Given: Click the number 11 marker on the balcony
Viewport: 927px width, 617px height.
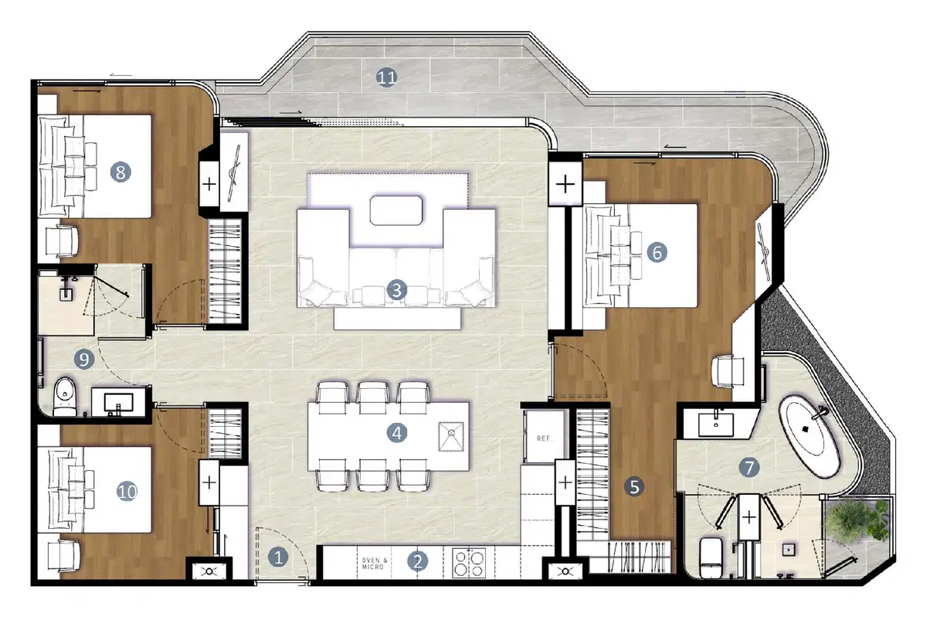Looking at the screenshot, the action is [x=386, y=77].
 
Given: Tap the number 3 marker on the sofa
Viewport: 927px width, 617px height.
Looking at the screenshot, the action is [x=396, y=290].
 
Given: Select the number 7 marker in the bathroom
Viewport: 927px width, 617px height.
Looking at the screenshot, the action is [x=749, y=468].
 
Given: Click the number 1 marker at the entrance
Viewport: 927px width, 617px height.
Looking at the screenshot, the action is [x=278, y=557].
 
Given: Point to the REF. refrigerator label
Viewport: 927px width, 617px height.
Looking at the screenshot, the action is [x=544, y=438].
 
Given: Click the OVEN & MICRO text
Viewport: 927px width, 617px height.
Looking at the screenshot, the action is [x=375, y=563].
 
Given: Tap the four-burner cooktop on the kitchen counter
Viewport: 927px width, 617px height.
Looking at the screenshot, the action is [x=469, y=563].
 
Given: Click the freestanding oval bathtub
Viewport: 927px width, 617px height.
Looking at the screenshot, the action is [x=809, y=436].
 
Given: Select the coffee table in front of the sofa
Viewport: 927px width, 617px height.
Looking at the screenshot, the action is [x=396, y=211].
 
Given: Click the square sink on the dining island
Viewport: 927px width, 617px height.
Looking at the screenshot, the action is [x=451, y=436].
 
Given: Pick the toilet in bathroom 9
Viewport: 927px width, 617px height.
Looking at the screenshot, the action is [x=65, y=397].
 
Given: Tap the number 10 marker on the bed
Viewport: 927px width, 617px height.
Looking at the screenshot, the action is [x=127, y=492].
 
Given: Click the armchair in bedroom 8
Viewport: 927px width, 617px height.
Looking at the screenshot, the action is [x=62, y=240].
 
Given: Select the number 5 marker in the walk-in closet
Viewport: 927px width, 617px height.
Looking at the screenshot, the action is [x=634, y=486].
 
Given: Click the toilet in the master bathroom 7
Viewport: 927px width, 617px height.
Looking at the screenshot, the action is [x=711, y=557].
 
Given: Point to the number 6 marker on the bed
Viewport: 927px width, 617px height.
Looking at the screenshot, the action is [x=657, y=252].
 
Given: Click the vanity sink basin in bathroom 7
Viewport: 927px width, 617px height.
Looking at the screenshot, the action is [x=716, y=424].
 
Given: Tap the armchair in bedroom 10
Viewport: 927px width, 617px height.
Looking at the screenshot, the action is [x=63, y=556].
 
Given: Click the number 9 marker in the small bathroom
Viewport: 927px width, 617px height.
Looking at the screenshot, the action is [x=84, y=359].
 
